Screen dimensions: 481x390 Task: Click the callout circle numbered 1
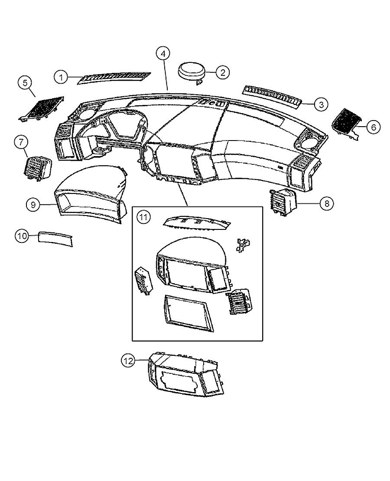point(61,78)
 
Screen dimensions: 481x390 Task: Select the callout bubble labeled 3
point(320,105)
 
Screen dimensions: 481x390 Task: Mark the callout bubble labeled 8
point(327,203)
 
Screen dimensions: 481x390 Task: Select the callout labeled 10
point(22,236)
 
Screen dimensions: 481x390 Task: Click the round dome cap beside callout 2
point(192,71)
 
